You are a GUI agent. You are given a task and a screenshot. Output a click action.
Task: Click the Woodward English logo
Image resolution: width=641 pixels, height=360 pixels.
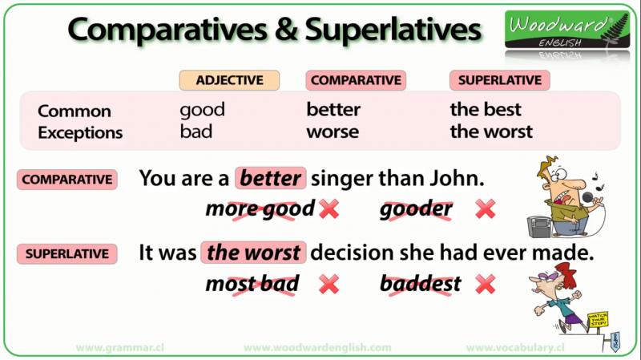567,30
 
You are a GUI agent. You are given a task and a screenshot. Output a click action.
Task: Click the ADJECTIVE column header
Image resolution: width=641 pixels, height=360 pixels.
229,80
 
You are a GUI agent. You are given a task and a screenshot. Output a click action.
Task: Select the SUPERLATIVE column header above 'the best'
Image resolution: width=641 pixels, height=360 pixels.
499,80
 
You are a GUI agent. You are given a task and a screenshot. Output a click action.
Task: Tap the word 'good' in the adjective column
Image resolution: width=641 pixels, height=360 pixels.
203,110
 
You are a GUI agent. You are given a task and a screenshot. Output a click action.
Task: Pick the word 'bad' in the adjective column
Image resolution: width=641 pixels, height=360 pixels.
196,131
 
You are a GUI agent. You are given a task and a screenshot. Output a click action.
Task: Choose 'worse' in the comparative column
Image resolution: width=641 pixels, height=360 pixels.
333,132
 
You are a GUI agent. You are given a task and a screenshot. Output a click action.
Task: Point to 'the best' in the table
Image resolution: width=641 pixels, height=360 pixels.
486,110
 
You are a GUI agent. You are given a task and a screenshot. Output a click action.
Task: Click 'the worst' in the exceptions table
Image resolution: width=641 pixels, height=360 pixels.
491,131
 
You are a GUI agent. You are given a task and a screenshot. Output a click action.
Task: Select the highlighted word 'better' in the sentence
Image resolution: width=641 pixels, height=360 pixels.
271,178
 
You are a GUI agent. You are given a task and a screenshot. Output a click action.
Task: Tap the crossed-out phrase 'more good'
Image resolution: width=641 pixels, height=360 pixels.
260,209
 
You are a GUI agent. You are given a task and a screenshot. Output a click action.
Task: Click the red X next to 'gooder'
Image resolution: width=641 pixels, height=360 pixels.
486,209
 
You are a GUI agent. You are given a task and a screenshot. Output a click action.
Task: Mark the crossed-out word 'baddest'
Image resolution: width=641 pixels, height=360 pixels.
421,284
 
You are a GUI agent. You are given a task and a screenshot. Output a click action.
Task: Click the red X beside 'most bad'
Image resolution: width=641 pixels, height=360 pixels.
329,284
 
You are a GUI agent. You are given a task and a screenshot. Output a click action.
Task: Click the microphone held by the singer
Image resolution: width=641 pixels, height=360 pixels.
588,198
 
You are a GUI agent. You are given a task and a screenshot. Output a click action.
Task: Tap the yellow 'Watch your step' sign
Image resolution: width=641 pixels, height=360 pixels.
598,319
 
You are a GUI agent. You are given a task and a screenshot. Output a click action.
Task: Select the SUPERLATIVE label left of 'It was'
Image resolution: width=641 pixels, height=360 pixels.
67,253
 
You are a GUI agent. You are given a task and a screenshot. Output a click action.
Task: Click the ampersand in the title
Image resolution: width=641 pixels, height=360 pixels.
286,30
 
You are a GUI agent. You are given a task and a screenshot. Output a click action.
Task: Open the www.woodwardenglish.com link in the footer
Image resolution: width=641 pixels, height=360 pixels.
317,348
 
